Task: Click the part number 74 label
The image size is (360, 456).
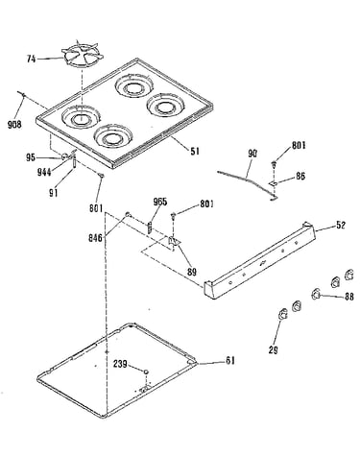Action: pos(31,59)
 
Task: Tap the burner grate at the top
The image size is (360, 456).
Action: pos(83,55)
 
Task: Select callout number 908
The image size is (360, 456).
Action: pos(14,124)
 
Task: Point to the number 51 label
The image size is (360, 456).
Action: pos(195,151)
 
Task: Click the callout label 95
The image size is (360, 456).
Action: pos(31,157)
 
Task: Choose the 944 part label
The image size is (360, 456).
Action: pos(44,173)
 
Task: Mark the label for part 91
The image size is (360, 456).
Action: pos(54,193)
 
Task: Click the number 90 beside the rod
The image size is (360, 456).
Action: pos(252,154)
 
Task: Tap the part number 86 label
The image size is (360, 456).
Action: pos(300,176)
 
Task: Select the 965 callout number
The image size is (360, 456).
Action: pos(160,202)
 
